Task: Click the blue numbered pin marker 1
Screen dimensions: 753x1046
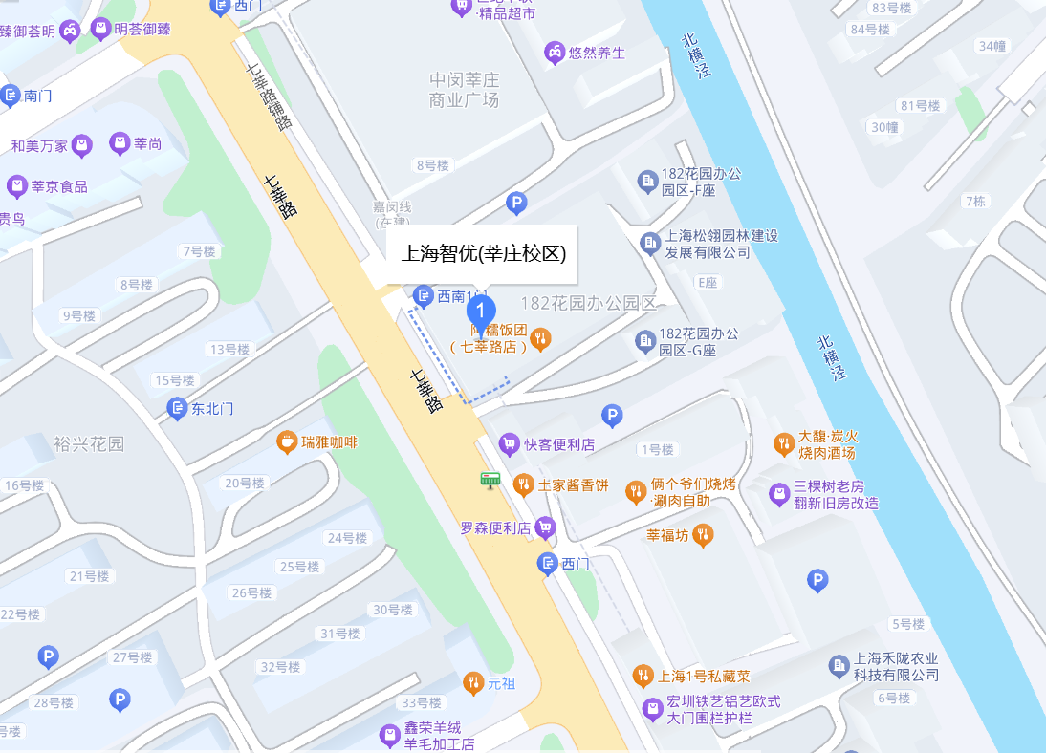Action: [481, 310]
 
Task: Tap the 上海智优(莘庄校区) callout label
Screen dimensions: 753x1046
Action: [482, 254]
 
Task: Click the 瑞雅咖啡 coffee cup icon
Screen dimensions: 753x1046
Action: [286, 442]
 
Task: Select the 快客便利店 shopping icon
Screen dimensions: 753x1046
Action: [510, 444]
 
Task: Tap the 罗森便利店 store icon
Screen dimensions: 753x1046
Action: [545, 527]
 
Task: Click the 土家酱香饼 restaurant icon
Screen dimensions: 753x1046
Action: [523, 484]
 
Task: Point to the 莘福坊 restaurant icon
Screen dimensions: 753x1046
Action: [703, 535]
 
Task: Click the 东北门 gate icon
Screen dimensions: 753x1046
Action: [177, 409]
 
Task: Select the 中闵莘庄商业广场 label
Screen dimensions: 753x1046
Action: [465, 90]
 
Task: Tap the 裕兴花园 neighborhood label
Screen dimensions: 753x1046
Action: [89, 444]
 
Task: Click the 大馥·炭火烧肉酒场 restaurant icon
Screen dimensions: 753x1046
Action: [783, 443]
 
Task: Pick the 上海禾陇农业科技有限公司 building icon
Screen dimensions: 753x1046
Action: [839, 665]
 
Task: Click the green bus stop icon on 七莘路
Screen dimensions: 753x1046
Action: [490, 480]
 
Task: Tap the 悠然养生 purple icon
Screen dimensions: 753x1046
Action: [554, 53]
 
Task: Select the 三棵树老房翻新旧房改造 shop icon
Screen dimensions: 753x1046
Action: [779, 494]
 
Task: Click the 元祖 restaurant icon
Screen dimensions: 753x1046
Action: [472, 683]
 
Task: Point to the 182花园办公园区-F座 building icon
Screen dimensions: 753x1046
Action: [647, 181]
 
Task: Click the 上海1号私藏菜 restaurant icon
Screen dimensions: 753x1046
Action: [643, 678]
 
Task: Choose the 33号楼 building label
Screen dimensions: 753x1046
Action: [422, 703]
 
